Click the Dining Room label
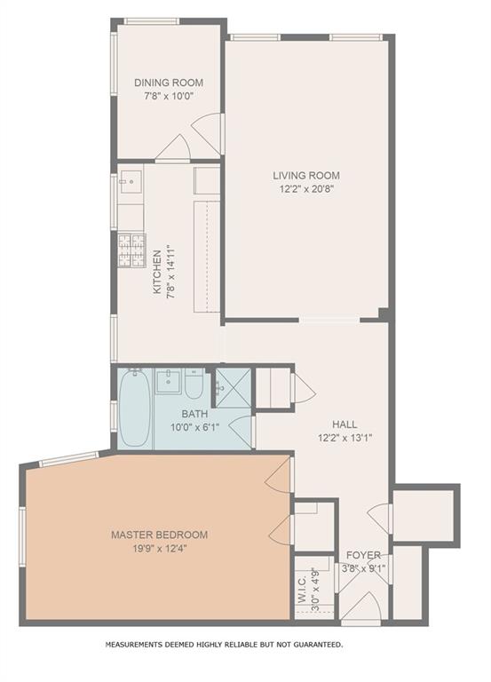[x=169, y=83]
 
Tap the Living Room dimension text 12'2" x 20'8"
[x=306, y=189]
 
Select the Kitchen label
[x=157, y=272]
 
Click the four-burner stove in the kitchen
[x=131, y=250]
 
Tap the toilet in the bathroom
[x=194, y=384]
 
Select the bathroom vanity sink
[x=168, y=382]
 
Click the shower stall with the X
[x=234, y=388]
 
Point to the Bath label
[x=194, y=414]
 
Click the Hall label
[x=344, y=424]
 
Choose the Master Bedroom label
[x=159, y=535]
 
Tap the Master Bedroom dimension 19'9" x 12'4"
[x=160, y=549]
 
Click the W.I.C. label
[x=303, y=589]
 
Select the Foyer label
[x=363, y=555]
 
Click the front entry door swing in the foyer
[x=363, y=606]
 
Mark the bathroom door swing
[x=242, y=432]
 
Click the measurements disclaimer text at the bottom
[x=224, y=645]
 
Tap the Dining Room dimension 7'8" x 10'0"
[x=169, y=96]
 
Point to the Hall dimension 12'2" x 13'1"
[x=344, y=438]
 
